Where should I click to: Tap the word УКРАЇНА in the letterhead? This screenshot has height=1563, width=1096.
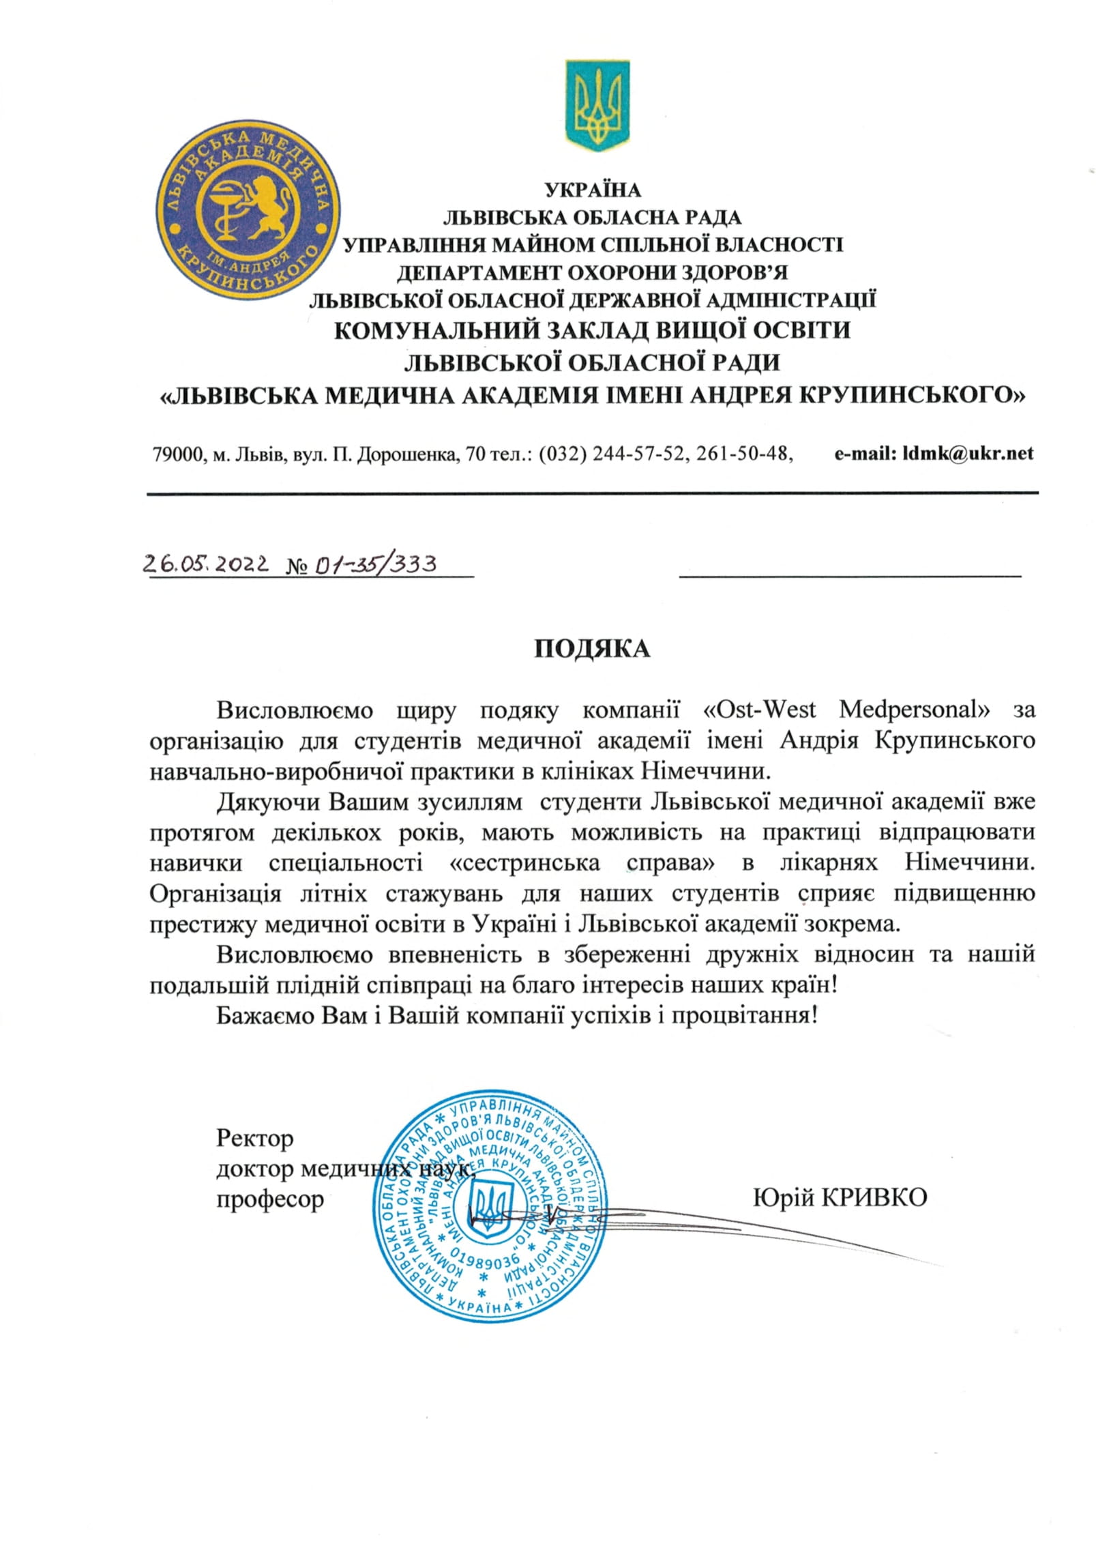coord(592,189)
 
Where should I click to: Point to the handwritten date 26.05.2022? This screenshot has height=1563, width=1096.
coord(207,564)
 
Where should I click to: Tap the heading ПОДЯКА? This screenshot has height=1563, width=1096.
coord(591,648)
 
